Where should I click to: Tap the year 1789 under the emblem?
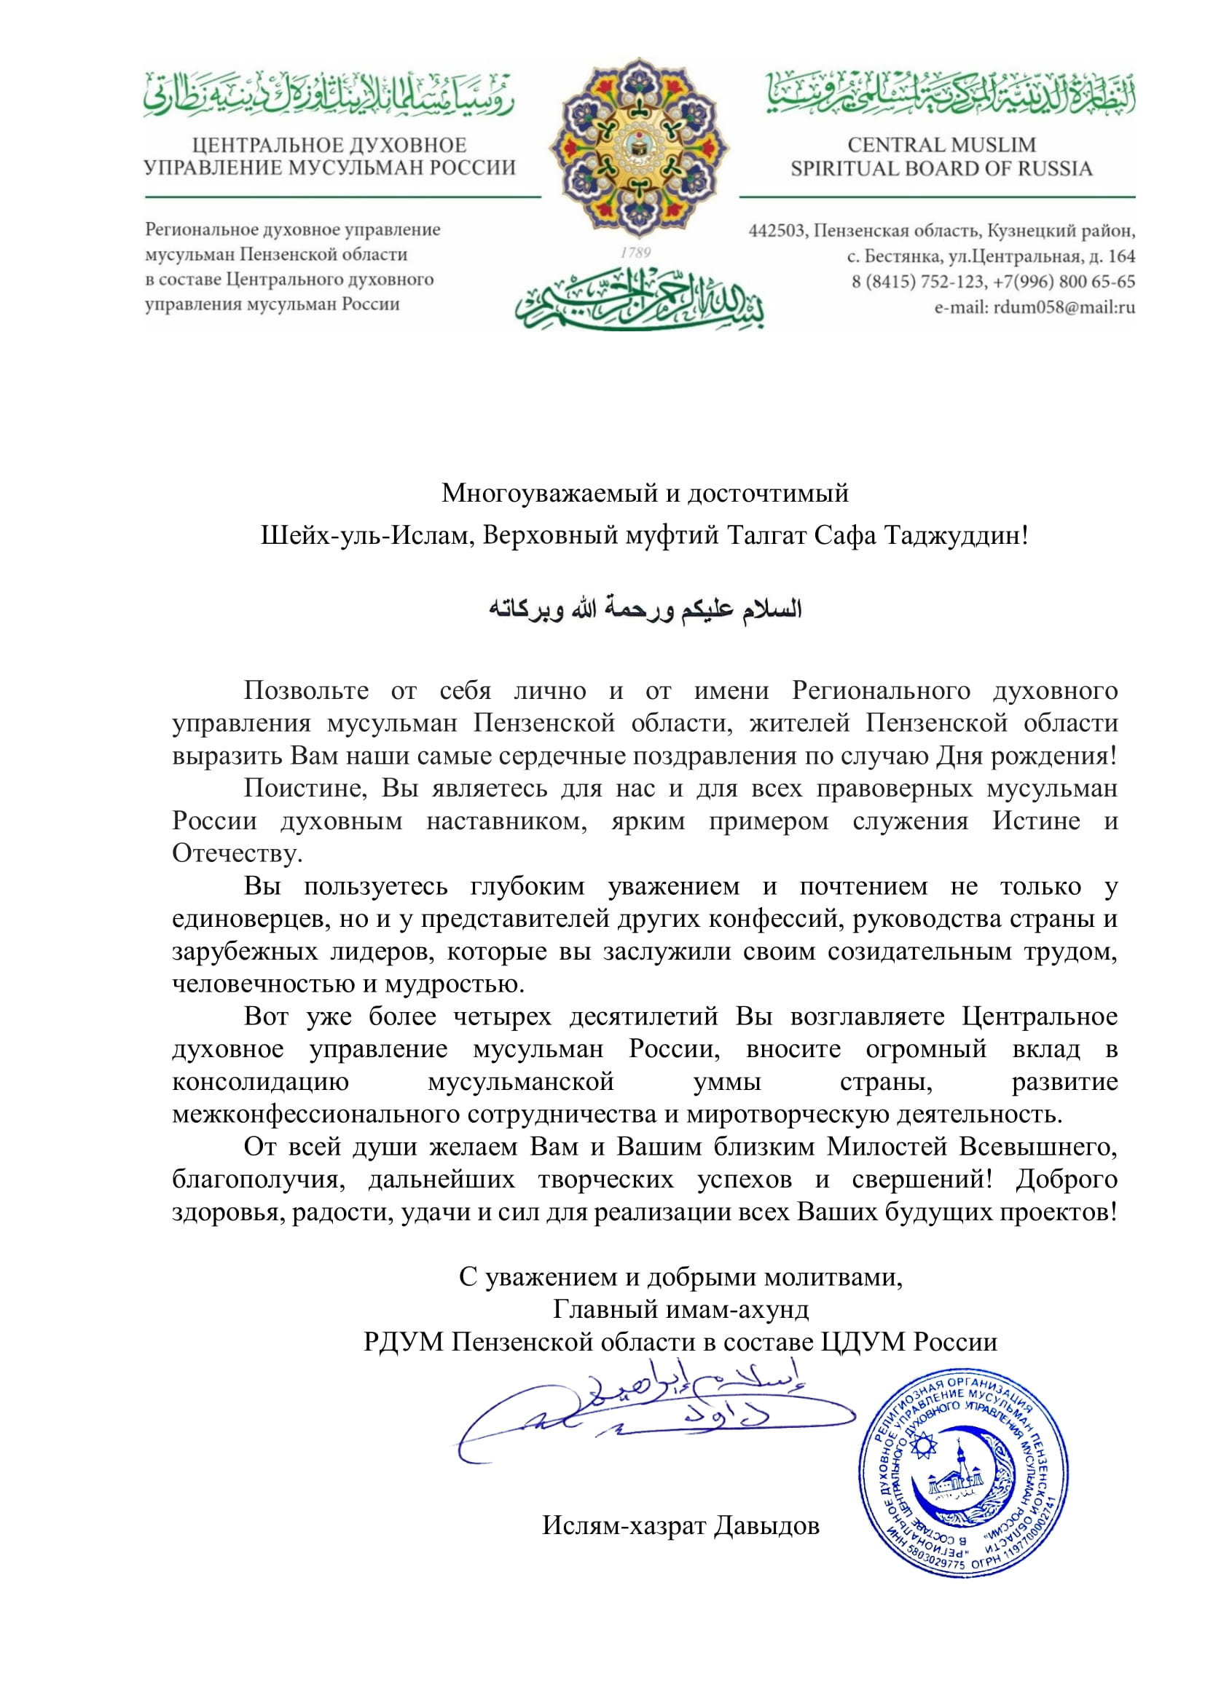636,253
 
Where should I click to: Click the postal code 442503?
776,231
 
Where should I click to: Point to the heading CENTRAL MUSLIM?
941,145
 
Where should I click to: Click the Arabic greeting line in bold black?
645,609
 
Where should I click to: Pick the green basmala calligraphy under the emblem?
640,301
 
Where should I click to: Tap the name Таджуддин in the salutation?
956,535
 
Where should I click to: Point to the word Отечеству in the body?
238,854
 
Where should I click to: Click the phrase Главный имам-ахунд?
680,1309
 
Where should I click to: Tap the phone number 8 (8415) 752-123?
918,282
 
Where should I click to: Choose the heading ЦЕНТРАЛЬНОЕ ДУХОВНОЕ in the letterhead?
329,145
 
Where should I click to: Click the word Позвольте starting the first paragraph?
306,690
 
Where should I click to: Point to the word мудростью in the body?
454,984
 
